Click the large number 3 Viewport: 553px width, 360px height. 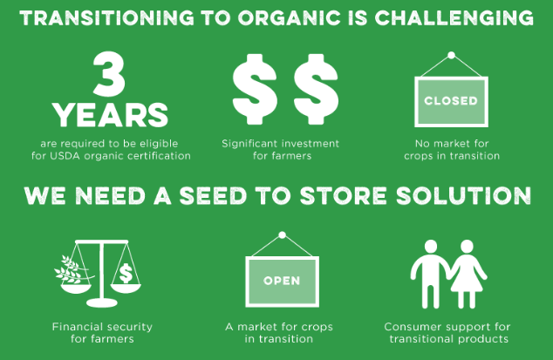(x=109, y=74)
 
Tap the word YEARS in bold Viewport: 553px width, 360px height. (x=111, y=115)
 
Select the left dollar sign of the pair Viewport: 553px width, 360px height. (x=255, y=89)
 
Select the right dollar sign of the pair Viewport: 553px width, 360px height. (x=316, y=89)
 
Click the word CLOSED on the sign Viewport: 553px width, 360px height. (x=451, y=101)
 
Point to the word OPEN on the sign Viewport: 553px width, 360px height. (x=282, y=281)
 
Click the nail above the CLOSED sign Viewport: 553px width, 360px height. (x=451, y=56)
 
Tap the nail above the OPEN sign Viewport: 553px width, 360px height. (x=282, y=235)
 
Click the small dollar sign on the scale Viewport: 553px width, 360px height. (x=126, y=274)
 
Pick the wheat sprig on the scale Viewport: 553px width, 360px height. (x=72, y=269)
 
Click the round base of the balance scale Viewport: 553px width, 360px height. (x=102, y=302)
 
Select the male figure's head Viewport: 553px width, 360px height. (x=431, y=246)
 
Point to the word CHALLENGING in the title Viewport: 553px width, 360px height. (x=454, y=18)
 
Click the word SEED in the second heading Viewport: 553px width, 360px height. (x=213, y=196)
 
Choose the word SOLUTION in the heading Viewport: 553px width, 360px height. (x=463, y=196)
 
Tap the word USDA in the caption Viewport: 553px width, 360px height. (x=65, y=156)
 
